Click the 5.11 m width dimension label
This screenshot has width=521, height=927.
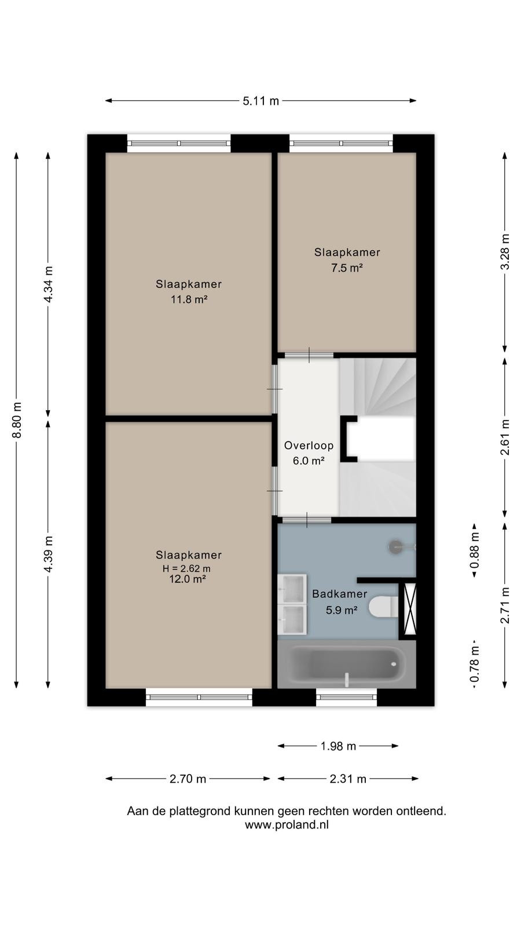coord(260,101)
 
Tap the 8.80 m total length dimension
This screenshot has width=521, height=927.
coord(17,419)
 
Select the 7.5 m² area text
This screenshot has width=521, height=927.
coord(347,268)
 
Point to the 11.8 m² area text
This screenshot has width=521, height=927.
coord(189,299)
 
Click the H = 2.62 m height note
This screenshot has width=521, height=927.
coord(186,568)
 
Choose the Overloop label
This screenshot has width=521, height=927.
coord(309,446)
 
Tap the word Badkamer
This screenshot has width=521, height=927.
coord(339,594)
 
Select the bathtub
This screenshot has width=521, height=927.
coord(347,665)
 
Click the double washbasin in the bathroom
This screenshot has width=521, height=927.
coord(292,604)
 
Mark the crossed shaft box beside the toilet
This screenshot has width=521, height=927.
coord(410,608)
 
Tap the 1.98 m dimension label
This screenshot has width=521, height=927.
coord(338,746)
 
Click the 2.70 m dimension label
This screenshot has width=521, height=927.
coord(188,779)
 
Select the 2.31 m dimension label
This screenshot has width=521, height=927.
coord(348,779)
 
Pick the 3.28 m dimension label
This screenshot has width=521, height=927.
coord(505,251)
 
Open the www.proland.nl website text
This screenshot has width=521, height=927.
coord(287,825)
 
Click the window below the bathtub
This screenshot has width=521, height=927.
coord(347,698)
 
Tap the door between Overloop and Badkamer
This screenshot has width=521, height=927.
coord(307,520)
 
